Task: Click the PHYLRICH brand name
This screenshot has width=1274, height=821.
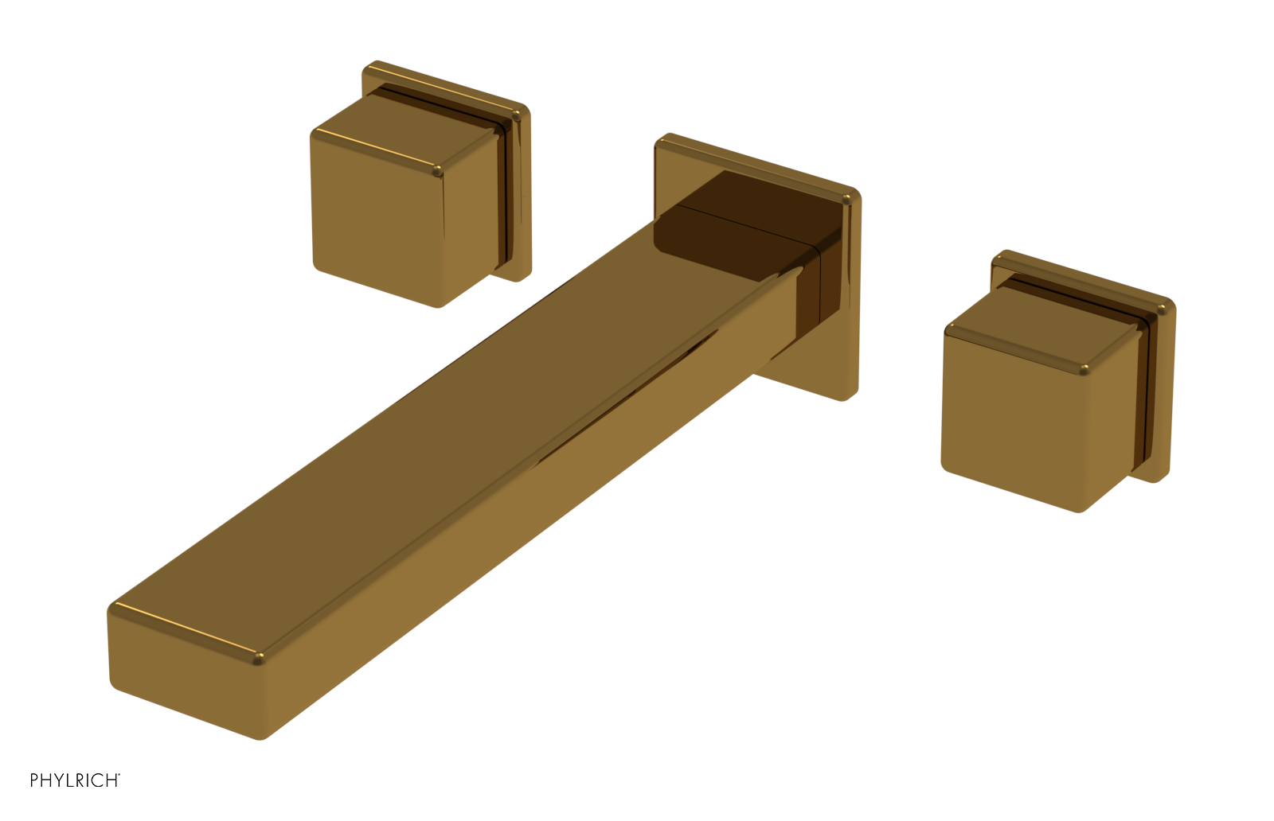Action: click(x=74, y=780)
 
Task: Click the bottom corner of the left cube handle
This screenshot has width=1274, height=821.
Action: click(x=439, y=305)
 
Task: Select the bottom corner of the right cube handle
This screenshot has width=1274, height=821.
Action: click(x=1081, y=510)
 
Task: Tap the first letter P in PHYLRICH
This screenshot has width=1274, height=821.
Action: click(x=34, y=780)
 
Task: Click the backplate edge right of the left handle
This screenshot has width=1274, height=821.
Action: click(x=522, y=199)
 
